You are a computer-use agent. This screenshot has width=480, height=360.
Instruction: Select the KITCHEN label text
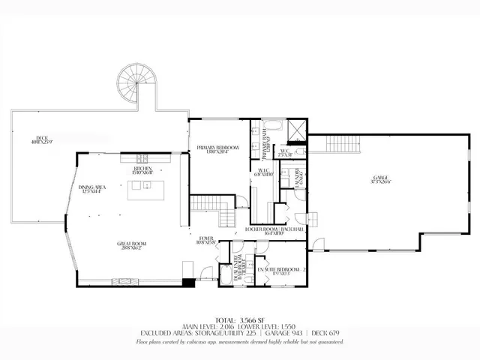coord(143,170)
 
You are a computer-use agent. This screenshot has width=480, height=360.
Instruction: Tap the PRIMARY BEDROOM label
coord(218,149)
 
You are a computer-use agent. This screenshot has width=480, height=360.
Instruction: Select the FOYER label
coord(206,241)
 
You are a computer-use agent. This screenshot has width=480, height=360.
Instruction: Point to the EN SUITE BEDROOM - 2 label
coord(279,270)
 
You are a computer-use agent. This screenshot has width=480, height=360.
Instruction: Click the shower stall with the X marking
coord(297,130)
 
